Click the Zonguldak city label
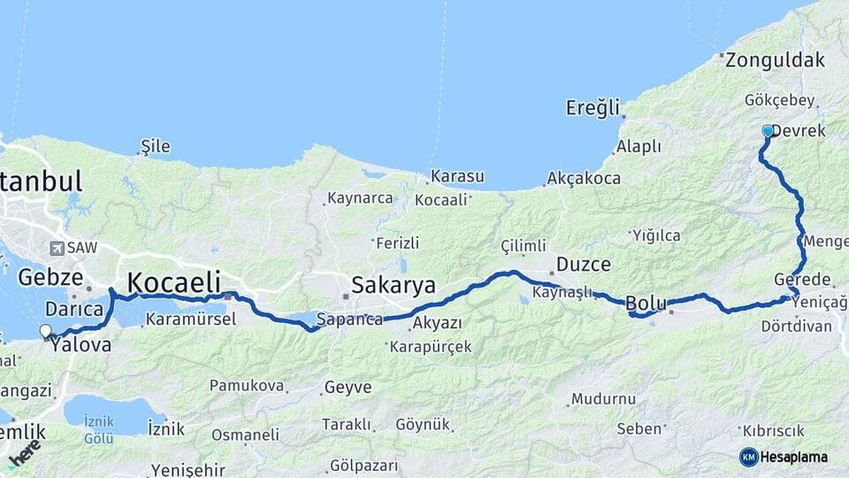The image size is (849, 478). (775, 60)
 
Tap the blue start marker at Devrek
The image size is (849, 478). (768, 131)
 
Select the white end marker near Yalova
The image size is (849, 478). (46, 331)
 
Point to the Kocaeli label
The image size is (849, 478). (174, 282)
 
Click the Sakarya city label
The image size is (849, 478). (394, 285)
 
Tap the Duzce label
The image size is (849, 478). (584, 264)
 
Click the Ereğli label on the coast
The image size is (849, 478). (593, 108)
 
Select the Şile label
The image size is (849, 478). (156, 146)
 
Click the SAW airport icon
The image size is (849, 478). (58, 248)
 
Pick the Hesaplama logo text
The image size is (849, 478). (793, 457)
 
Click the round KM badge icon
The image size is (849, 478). (748, 457)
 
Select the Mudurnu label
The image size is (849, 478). (603, 398)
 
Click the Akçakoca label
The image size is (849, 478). (584, 178)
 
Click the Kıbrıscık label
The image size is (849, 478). (774, 430)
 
